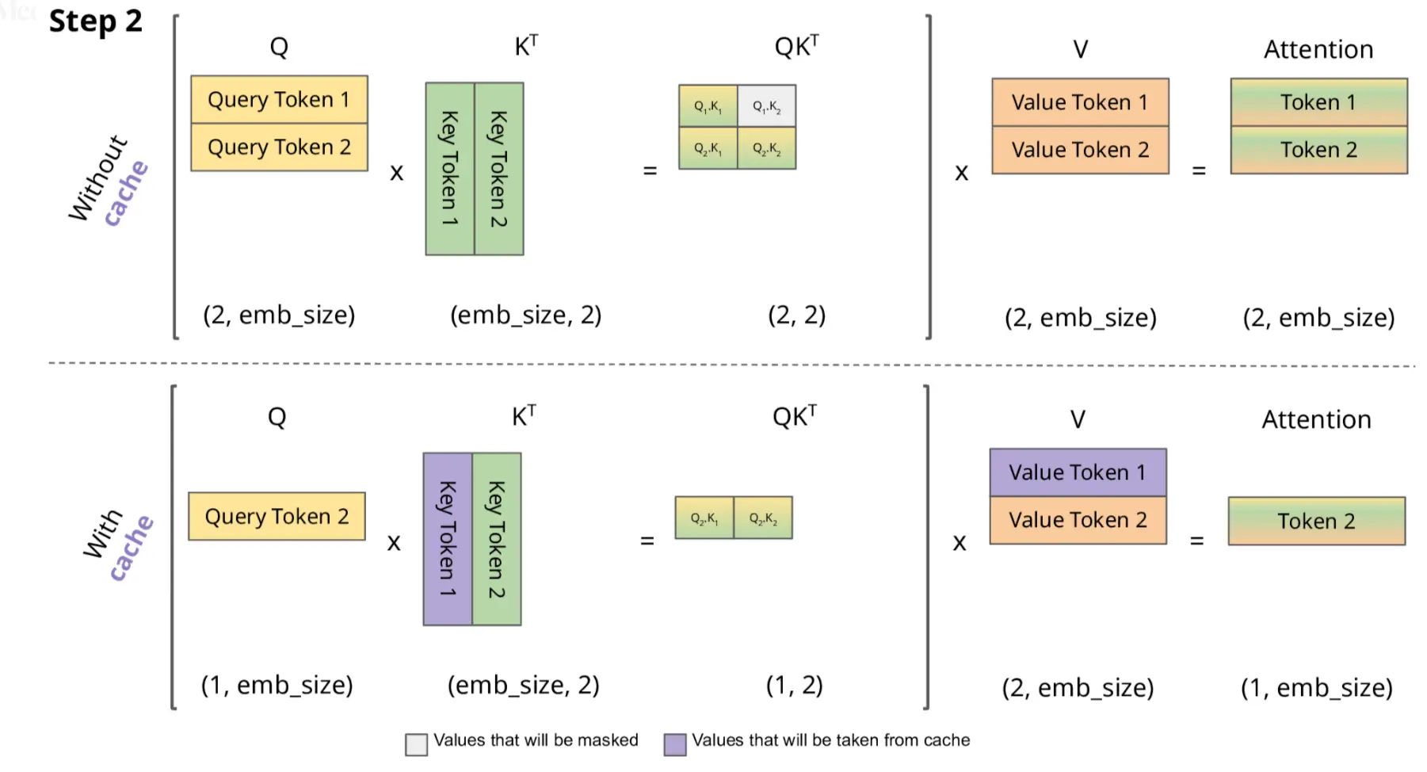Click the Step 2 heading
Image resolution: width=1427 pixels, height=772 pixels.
pos(95,21)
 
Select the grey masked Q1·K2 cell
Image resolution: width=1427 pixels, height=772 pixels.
pos(766,105)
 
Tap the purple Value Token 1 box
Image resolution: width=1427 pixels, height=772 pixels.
pos(1078,472)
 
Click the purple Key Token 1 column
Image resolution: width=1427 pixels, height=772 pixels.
pos(448,539)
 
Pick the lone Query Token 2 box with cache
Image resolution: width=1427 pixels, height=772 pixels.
pos(277,516)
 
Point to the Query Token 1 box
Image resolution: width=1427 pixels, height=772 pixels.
pos(279,99)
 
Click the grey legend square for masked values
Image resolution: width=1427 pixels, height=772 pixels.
pos(416,744)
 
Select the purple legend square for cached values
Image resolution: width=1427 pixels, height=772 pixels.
pos(675,744)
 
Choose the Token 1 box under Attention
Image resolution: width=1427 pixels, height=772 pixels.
pos(1318,102)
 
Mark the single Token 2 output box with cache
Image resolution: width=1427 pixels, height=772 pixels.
pos(1316,521)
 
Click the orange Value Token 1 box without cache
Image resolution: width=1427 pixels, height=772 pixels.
pos(1080,102)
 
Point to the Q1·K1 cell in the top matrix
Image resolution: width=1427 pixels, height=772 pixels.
pos(708,105)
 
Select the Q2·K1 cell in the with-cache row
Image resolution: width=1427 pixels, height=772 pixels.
pos(704,518)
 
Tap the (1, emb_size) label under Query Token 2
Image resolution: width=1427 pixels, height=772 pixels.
pos(277,685)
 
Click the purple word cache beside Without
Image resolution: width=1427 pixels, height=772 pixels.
pos(127,193)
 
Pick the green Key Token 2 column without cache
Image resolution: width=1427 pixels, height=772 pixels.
pos(498,169)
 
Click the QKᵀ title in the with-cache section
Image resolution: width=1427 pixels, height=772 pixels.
pos(795,416)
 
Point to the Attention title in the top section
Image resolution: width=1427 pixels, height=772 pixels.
pos(1318,49)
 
